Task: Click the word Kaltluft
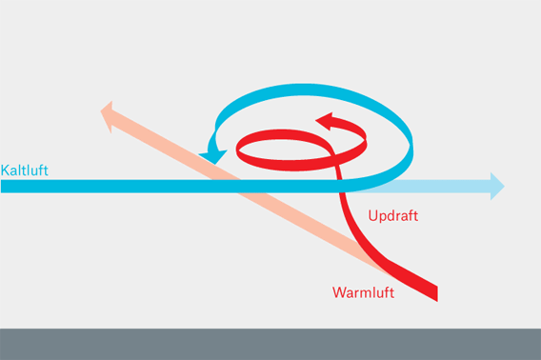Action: click(x=25, y=170)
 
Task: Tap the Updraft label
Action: click(x=392, y=216)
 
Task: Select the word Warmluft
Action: click(x=363, y=292)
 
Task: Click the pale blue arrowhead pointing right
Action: click(x=496, y=186)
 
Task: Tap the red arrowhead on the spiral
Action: click(x=325, y=121)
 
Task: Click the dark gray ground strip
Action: click(x=270, y=344)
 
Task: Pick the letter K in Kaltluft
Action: click(x=6, y=170)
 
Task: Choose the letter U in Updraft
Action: click(x=372, y=216)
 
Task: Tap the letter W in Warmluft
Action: click(x=339, y=292)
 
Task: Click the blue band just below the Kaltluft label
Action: click(x=25, y=186)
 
